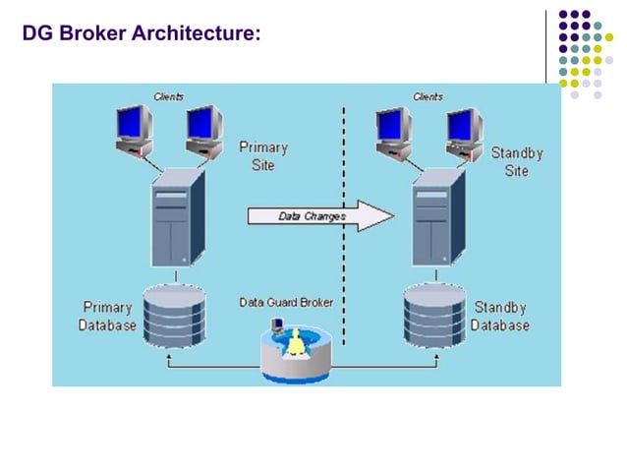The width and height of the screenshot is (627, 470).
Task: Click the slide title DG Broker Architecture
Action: [142, 34]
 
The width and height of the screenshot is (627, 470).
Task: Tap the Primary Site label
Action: [262, 156]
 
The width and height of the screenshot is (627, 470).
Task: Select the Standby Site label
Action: [517, 162]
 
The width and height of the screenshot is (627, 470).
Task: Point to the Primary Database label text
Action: [108, 316]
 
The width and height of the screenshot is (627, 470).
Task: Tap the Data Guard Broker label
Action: [286, 302]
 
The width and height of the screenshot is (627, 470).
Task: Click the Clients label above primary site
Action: [168, 96]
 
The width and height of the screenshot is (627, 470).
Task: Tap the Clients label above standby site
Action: [428, 96]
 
